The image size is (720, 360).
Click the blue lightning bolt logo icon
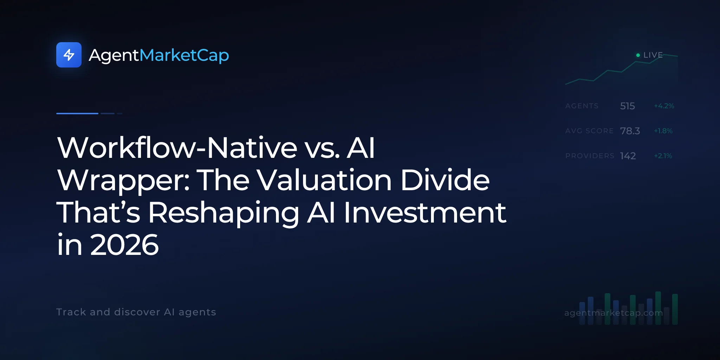69,55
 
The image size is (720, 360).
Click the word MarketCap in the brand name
184,56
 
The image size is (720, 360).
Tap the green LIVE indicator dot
638,55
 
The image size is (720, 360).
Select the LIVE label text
653,55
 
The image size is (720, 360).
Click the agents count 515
628,106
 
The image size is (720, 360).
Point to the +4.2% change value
664,106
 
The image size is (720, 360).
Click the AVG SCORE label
590,131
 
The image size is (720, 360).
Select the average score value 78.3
630,131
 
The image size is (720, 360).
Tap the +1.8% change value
663,131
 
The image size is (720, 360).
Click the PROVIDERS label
590,156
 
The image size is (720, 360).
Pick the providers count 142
628,156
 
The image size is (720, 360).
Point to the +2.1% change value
663,156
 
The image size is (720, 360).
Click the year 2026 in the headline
124,245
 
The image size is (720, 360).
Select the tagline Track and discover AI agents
136,312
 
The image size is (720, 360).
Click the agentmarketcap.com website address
613,313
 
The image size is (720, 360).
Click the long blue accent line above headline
77,114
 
